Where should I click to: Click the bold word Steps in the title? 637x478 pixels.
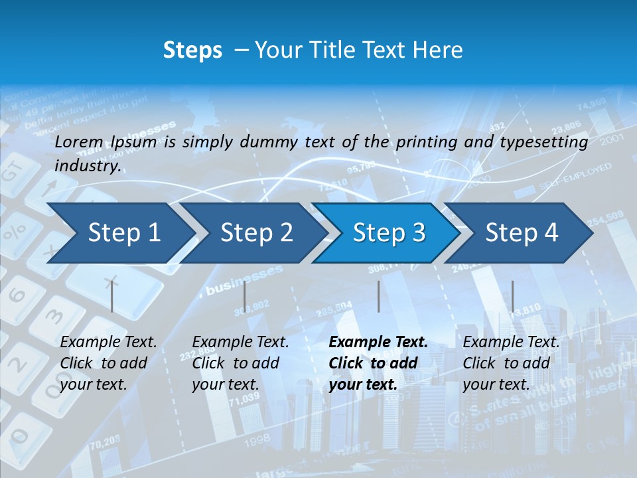192,50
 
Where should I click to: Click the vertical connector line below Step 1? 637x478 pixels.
112,297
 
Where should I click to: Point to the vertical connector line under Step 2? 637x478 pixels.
245,297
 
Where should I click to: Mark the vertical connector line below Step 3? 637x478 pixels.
379,297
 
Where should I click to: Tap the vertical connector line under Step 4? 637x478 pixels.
512,297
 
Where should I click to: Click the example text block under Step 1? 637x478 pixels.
108,363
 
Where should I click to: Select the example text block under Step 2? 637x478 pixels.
240,363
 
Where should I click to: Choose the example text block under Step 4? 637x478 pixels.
511,363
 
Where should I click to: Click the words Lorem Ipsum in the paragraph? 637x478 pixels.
106,142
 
